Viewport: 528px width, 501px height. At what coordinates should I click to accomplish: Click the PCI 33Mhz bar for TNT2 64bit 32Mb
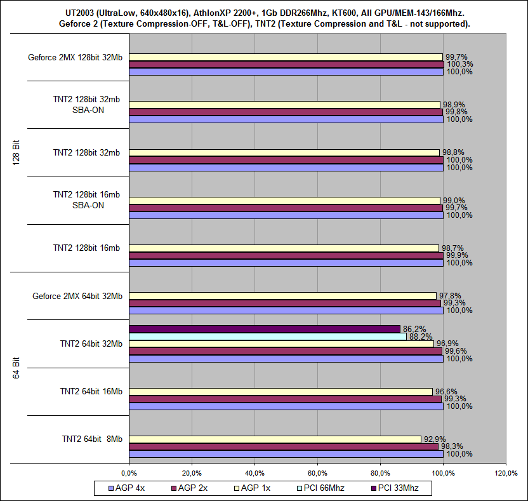pyautogui.click(x=264, y=329)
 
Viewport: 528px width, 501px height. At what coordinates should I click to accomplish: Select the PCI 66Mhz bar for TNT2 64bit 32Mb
pyautogui.click(x=267, y=337)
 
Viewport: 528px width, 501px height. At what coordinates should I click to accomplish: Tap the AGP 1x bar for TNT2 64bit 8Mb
pyautogui.click(x=274, y=439)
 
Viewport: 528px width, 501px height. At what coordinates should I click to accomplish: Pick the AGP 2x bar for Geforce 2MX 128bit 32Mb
pyautogui.click(x=286, y=64)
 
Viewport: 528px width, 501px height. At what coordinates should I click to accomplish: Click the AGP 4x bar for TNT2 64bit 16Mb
pyautogui.click(x=286, y=406)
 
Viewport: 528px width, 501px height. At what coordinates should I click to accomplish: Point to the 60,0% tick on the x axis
pyautogui.click(x=317, y=473)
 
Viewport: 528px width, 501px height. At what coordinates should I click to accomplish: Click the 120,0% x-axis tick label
pyautogui.click(x=506, y=473)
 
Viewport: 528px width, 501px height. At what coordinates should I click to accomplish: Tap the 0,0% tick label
pyautogui.click(x=129, y=473)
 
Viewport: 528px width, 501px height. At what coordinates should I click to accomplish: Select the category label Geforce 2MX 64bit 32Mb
pyautogui.click(x=77, y=296)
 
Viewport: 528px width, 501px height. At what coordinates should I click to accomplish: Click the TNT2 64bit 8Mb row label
pyautogui.click(x=92, y=439)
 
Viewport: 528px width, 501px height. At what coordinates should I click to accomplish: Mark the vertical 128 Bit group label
pyautogui.click(x=17, y=152)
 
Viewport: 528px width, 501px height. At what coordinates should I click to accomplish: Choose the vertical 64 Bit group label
pyautogui.click(x=17, y=368)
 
